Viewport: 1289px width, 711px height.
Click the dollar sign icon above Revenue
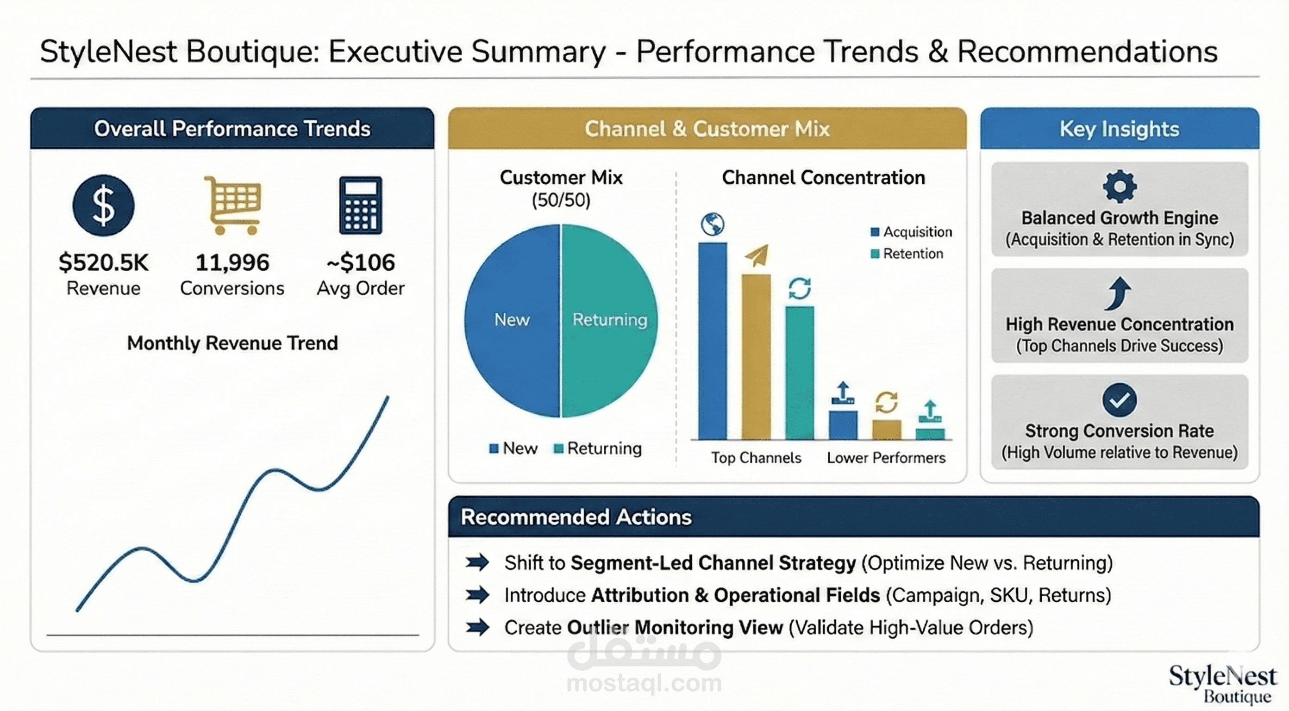click(103, 206)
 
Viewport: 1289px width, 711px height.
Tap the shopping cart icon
click(233, 205)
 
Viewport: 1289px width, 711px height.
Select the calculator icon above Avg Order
click(360, 205)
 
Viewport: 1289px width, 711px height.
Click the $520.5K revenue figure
click(104, 262)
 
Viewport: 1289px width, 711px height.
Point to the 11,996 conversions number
click(232, 262)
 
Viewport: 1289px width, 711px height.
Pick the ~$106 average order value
click(360, 262)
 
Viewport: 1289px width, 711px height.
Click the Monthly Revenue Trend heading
click(232, 343)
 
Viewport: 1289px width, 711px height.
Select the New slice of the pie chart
click(512, 320)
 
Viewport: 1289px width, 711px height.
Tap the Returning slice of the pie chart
click(609, 320)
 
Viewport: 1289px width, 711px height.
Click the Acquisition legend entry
click(911, 231)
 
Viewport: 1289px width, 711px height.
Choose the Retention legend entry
click(907, 254)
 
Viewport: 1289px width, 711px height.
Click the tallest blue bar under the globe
click(712, 340)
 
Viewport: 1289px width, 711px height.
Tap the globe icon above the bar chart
click(712, 224)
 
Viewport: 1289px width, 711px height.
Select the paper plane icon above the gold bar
click(757, 256)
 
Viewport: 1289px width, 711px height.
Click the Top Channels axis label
click(756, 457)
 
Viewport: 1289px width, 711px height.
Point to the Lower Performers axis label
click(886, 457)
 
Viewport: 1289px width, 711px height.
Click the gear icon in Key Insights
click(1120, 186)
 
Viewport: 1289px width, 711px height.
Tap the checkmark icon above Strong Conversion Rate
click(1120, 400)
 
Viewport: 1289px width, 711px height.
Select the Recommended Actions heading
click(576, 517)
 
